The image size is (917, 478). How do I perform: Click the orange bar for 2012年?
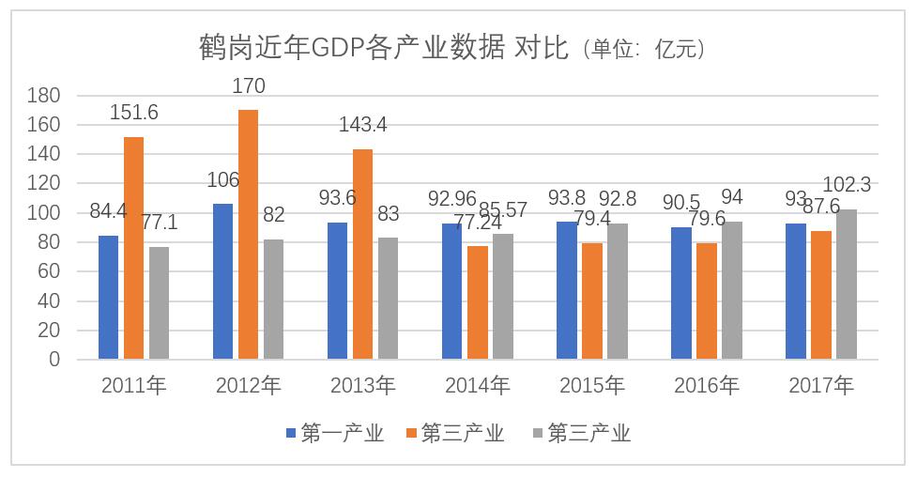coord(248,235)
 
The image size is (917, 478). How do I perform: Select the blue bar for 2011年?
coord(109,297)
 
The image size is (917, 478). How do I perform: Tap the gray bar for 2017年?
coord(847,284)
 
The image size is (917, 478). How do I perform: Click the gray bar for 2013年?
coord(388,298)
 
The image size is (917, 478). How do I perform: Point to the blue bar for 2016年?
coord(681,293)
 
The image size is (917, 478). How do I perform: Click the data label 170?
coord(249,87)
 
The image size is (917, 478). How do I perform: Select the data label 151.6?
coord(134,113)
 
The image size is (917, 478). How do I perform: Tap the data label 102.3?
coord(848,185)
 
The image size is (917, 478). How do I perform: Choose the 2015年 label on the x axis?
coord(592,385)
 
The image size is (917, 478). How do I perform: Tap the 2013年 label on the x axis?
coord(363,385)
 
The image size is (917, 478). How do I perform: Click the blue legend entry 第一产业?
coord(334,433)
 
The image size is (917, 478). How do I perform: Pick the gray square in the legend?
coord(538,433)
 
